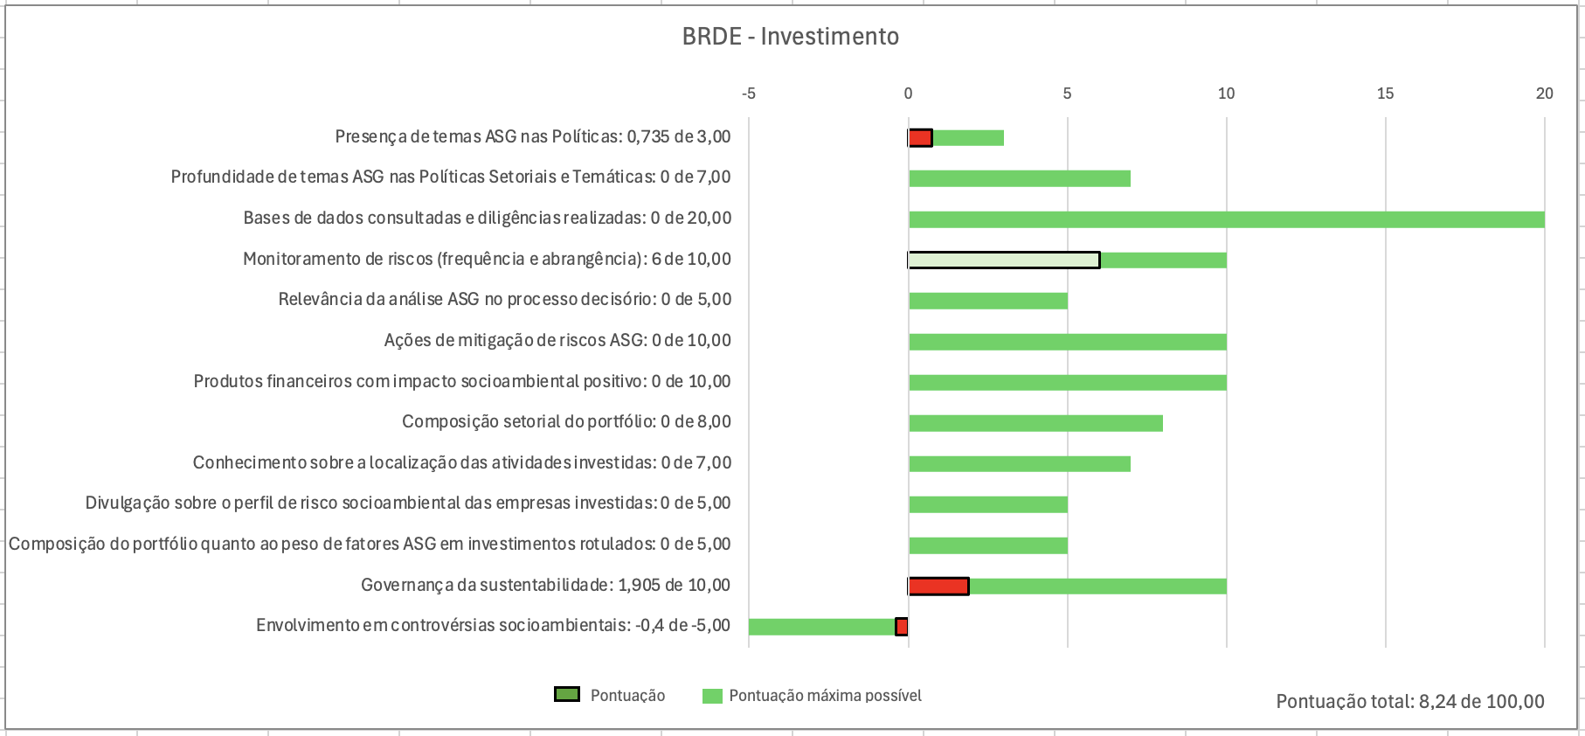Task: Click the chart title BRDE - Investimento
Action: pyautogui.click(x=790, y=37)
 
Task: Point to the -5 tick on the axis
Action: pyautogui.click(x=748, y=94)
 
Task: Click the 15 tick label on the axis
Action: pyautogui.click(x=1385, y=94)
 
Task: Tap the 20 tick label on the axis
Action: pyautogui.click(x=1544, y=94)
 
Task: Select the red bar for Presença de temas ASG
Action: pyautogui.click(x=920, y=138)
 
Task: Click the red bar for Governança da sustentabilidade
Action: pyautogui.click(x=938, y=587)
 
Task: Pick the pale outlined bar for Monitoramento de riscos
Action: pyautogui.click(x=1003, y=260)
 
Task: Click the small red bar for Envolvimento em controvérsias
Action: pyautogui.click(x=902, y=627)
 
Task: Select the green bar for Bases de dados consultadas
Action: pyautogui.click(x=1226, y=219)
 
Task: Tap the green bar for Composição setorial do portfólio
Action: pyautogui.click(x=1035, y=423)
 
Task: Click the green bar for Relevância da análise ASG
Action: pyautogui.click(x=987, y=301)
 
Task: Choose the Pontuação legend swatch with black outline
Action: pyautogui.click(x=567, y=695)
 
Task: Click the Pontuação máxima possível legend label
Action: pyautogui.click(x=825, y=696)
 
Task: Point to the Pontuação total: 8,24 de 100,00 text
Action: pyautogui.click(x=1409, y=701)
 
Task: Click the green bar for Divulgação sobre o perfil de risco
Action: pyautogui.click(x=987, y=504)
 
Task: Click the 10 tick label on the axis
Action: pyautogui.click(x=1226, y=94)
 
